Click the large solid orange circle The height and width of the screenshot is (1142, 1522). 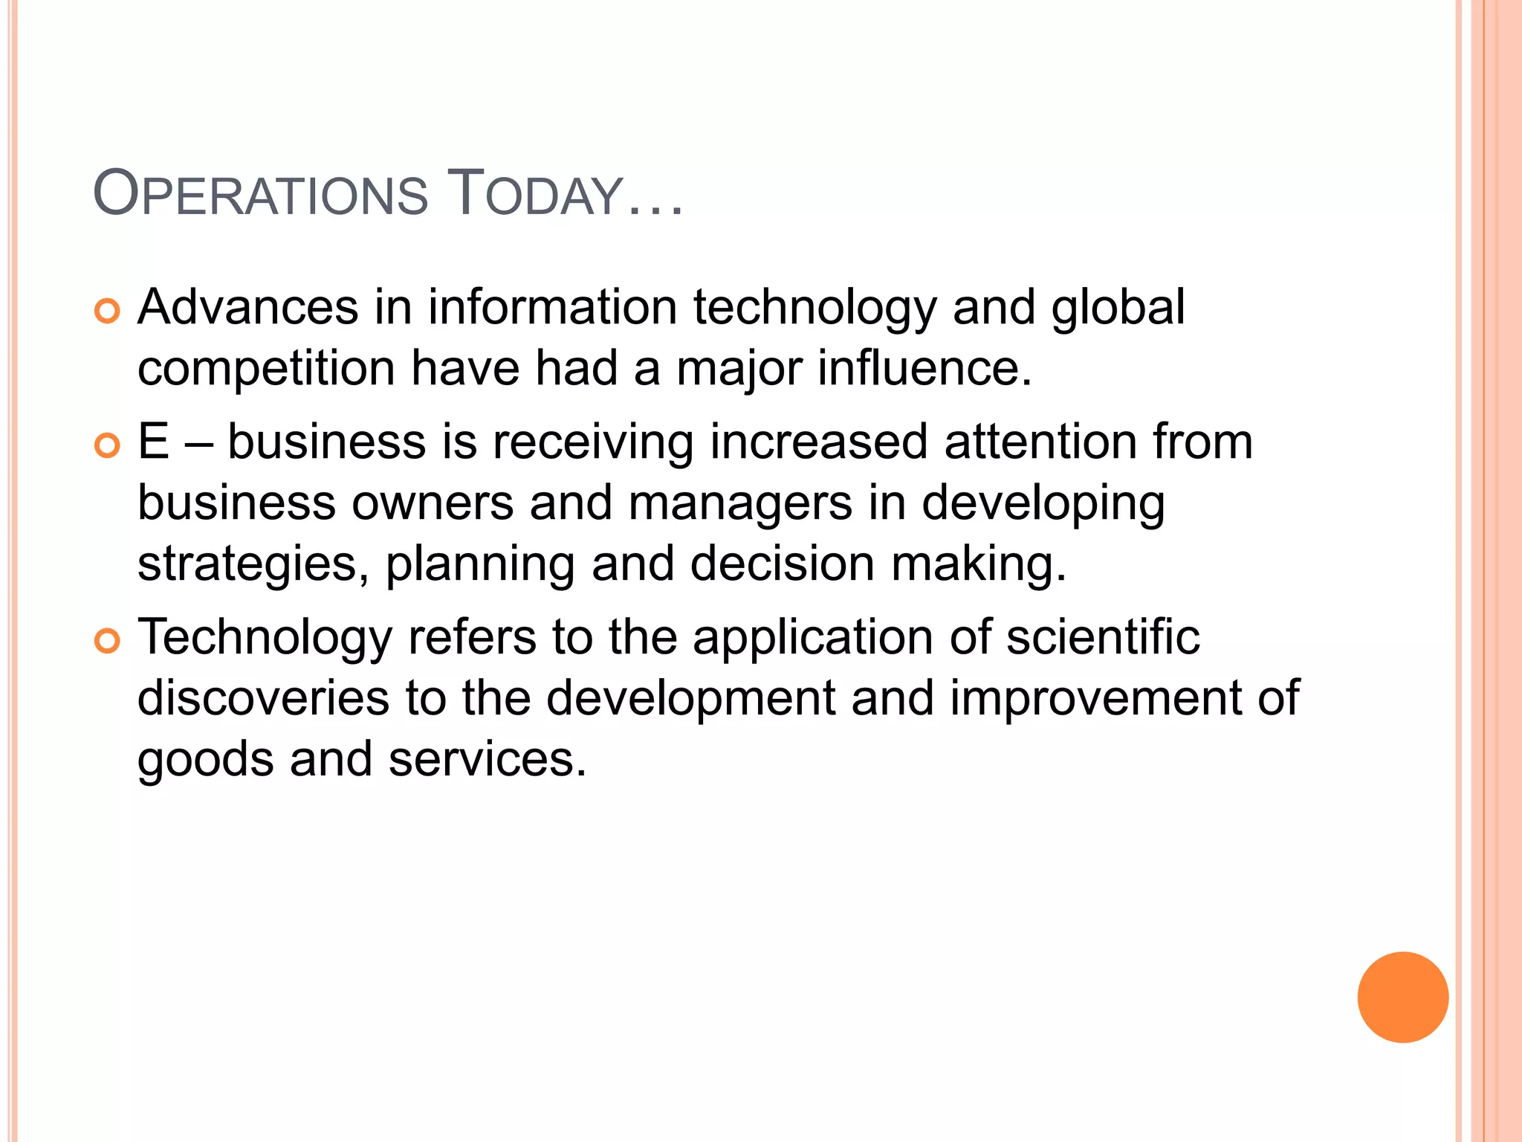(1402, 997)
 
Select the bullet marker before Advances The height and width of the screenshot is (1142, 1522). (108, 312)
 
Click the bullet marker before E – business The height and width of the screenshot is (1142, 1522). (108, 446)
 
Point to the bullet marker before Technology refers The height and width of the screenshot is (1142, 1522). (108, 642)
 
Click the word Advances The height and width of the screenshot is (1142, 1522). (248, 307)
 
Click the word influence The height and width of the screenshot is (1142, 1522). (924, 368)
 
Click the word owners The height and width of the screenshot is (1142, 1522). (433, 503)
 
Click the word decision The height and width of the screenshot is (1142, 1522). (782, 564)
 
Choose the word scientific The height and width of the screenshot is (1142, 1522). (1103, 637)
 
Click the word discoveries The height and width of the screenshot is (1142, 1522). (263, 698)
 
